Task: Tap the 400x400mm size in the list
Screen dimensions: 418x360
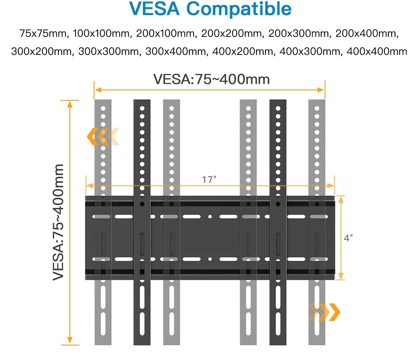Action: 377,51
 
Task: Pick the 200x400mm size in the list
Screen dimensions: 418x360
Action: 367,33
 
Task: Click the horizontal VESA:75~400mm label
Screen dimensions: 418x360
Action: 211,79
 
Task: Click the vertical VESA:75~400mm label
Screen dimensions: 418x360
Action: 58,222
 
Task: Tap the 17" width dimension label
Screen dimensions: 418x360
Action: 209,179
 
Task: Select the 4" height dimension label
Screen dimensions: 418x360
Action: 348,238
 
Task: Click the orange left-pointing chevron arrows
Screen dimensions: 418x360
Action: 103,137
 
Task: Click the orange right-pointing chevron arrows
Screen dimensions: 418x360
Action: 324,312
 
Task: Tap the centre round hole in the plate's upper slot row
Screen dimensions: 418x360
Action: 210,217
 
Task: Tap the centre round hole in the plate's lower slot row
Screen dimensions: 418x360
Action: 210,259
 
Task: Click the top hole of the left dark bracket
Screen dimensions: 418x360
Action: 142,108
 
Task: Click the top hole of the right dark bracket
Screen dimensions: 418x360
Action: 278,108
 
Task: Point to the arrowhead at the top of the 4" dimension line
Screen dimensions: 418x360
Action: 341,199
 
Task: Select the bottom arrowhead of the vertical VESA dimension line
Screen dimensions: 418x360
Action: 70,340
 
